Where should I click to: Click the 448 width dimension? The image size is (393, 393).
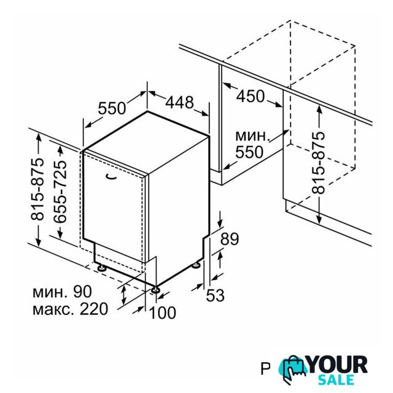pyautogui.click(x=180, y=102)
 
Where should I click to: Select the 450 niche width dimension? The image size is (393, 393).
pyautogui.click(x=251, y=96)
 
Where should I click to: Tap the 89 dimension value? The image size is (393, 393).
pyautogui.click(x=229, y=239)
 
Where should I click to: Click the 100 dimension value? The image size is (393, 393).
pyautogui.click(x=163, y=313)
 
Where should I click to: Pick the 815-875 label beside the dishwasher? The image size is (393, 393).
pyautogui.click(x=37, y=189)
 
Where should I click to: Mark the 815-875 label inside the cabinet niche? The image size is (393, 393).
pyautogui.click(x=318, y=163)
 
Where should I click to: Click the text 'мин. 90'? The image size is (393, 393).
pyautogui.click(x=62, y=292)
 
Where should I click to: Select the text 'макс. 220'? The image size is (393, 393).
pyautogui.click(x=70, y=309)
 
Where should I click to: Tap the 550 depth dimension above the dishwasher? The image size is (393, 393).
pyautogui.click(x=112, y=108)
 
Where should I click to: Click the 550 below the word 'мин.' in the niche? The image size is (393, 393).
pyautogui.click(x=249, y=152)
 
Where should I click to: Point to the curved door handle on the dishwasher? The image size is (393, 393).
pyautogui.click(x=111, y=177)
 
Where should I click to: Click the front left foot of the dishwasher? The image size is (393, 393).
pyautogui.click(x=103, y=268)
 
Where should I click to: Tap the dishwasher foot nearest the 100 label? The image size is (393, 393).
pyautogui.click(x=155, y=289)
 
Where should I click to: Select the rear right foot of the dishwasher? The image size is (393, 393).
pyautogui.click(x=196, y=265)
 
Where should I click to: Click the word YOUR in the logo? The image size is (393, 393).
pyautogui.click(x=338, y=365)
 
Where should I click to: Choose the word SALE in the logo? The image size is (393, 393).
pyautogui.click(x=336, y=379)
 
